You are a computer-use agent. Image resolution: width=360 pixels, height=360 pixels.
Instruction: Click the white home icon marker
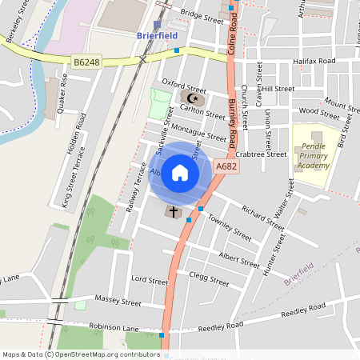coord(180,173)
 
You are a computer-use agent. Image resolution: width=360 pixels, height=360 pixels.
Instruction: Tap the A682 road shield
coord(226,166)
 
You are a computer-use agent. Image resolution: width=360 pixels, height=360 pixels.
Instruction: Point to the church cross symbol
coord(172,212)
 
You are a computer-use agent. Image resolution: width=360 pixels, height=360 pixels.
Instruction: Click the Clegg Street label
coord(210,278)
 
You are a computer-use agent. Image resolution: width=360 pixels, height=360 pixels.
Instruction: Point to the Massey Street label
coord(118,302)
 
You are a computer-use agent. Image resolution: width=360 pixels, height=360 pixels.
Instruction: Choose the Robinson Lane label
coord(114,328)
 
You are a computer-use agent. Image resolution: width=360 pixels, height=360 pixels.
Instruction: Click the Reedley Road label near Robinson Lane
coord(220,326)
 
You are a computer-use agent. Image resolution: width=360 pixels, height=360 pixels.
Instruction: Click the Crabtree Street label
coord(262,154)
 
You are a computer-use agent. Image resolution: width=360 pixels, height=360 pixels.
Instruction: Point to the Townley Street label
coord(230,226)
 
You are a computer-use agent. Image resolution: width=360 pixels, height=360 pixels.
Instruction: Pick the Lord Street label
coord(149,281)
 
